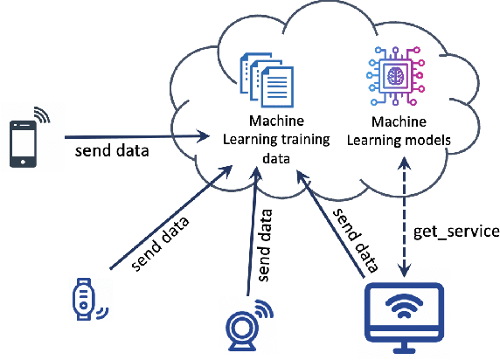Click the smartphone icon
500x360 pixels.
24,142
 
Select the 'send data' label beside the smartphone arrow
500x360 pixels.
111,151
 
